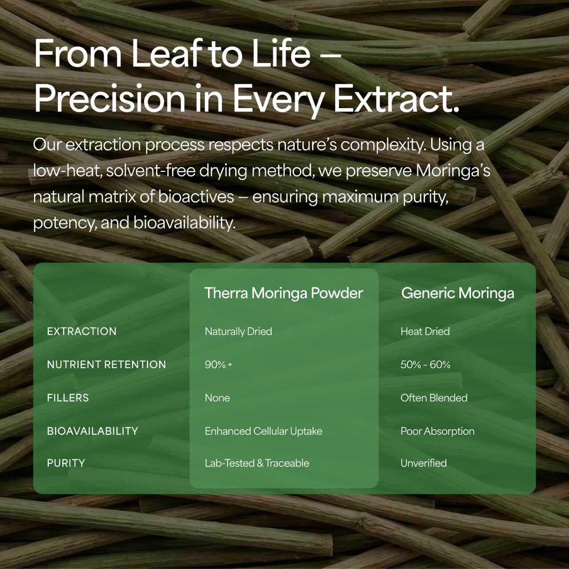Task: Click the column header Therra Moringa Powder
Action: [284, 293]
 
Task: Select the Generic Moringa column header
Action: [457, 293]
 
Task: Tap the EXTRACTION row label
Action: [82, 332]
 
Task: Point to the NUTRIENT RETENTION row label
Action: [106, 365]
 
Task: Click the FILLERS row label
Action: [68, 398]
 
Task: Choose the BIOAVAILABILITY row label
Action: [92, 431]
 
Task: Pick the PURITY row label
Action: [66, 463]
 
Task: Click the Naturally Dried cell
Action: [238, 332]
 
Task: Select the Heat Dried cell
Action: [425, 332]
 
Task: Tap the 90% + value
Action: [218, 365]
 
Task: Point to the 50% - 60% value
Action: [425, 365]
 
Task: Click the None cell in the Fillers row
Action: [217, 398]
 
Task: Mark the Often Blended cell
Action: [434, 398]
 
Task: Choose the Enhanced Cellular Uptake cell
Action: [264, 431]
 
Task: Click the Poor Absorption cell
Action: [437, 431]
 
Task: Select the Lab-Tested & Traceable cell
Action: [257, 463]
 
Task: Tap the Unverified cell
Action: [424, 463]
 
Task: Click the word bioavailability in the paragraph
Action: [184, 223]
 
